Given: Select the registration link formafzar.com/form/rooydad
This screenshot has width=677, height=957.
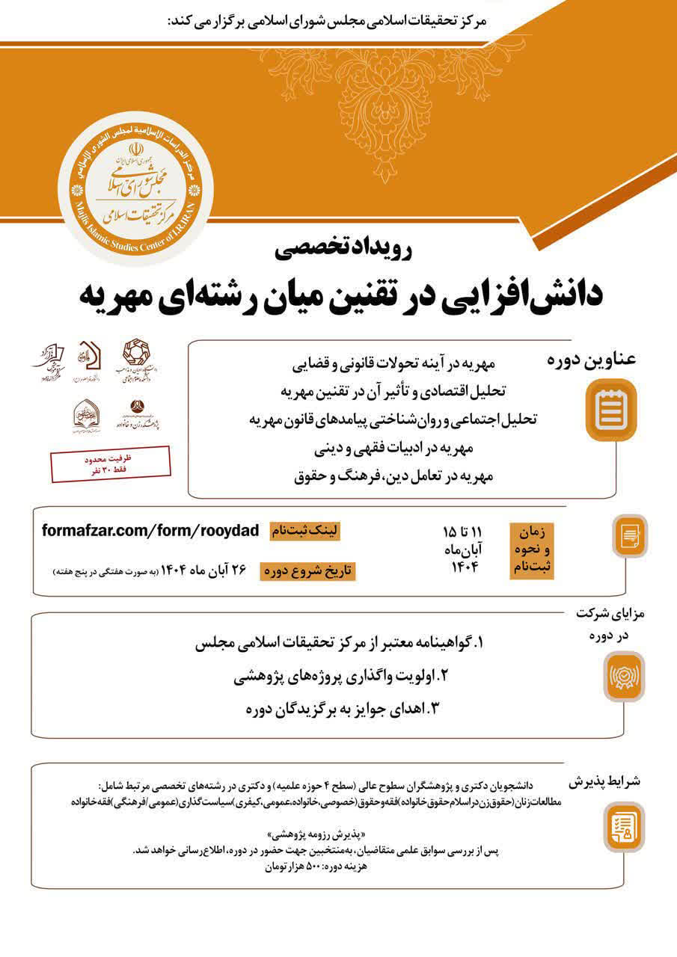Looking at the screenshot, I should (x=150, y=531).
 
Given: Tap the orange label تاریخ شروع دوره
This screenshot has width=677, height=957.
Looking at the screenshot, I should (x=307, y=571).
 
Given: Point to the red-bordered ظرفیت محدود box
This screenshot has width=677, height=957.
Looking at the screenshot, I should (x=111, y=464).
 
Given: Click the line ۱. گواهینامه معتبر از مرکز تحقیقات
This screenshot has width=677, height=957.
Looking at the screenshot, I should (x=340, y=642).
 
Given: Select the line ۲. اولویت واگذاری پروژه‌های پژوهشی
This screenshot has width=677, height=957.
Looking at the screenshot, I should (x=340, y=676).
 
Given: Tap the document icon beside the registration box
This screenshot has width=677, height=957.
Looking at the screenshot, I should (x=629, y=535).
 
